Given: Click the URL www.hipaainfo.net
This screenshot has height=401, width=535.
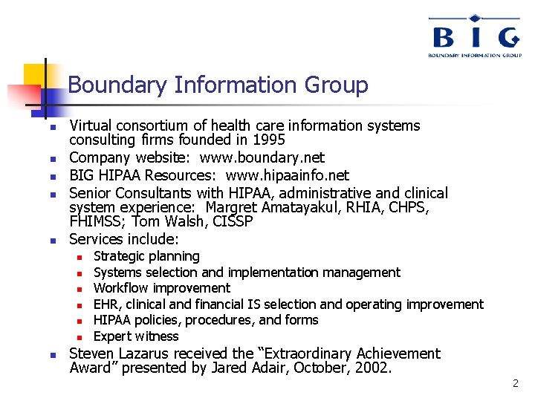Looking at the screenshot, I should click(288, 175).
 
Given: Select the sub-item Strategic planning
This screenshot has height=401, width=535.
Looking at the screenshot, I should click(146, 256).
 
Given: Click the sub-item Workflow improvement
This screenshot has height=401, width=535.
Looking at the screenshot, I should click(162, 288).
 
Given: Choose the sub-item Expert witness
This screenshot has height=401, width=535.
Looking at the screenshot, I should click(136, 336).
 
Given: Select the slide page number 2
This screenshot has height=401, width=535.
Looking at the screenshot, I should click(515, 384).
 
